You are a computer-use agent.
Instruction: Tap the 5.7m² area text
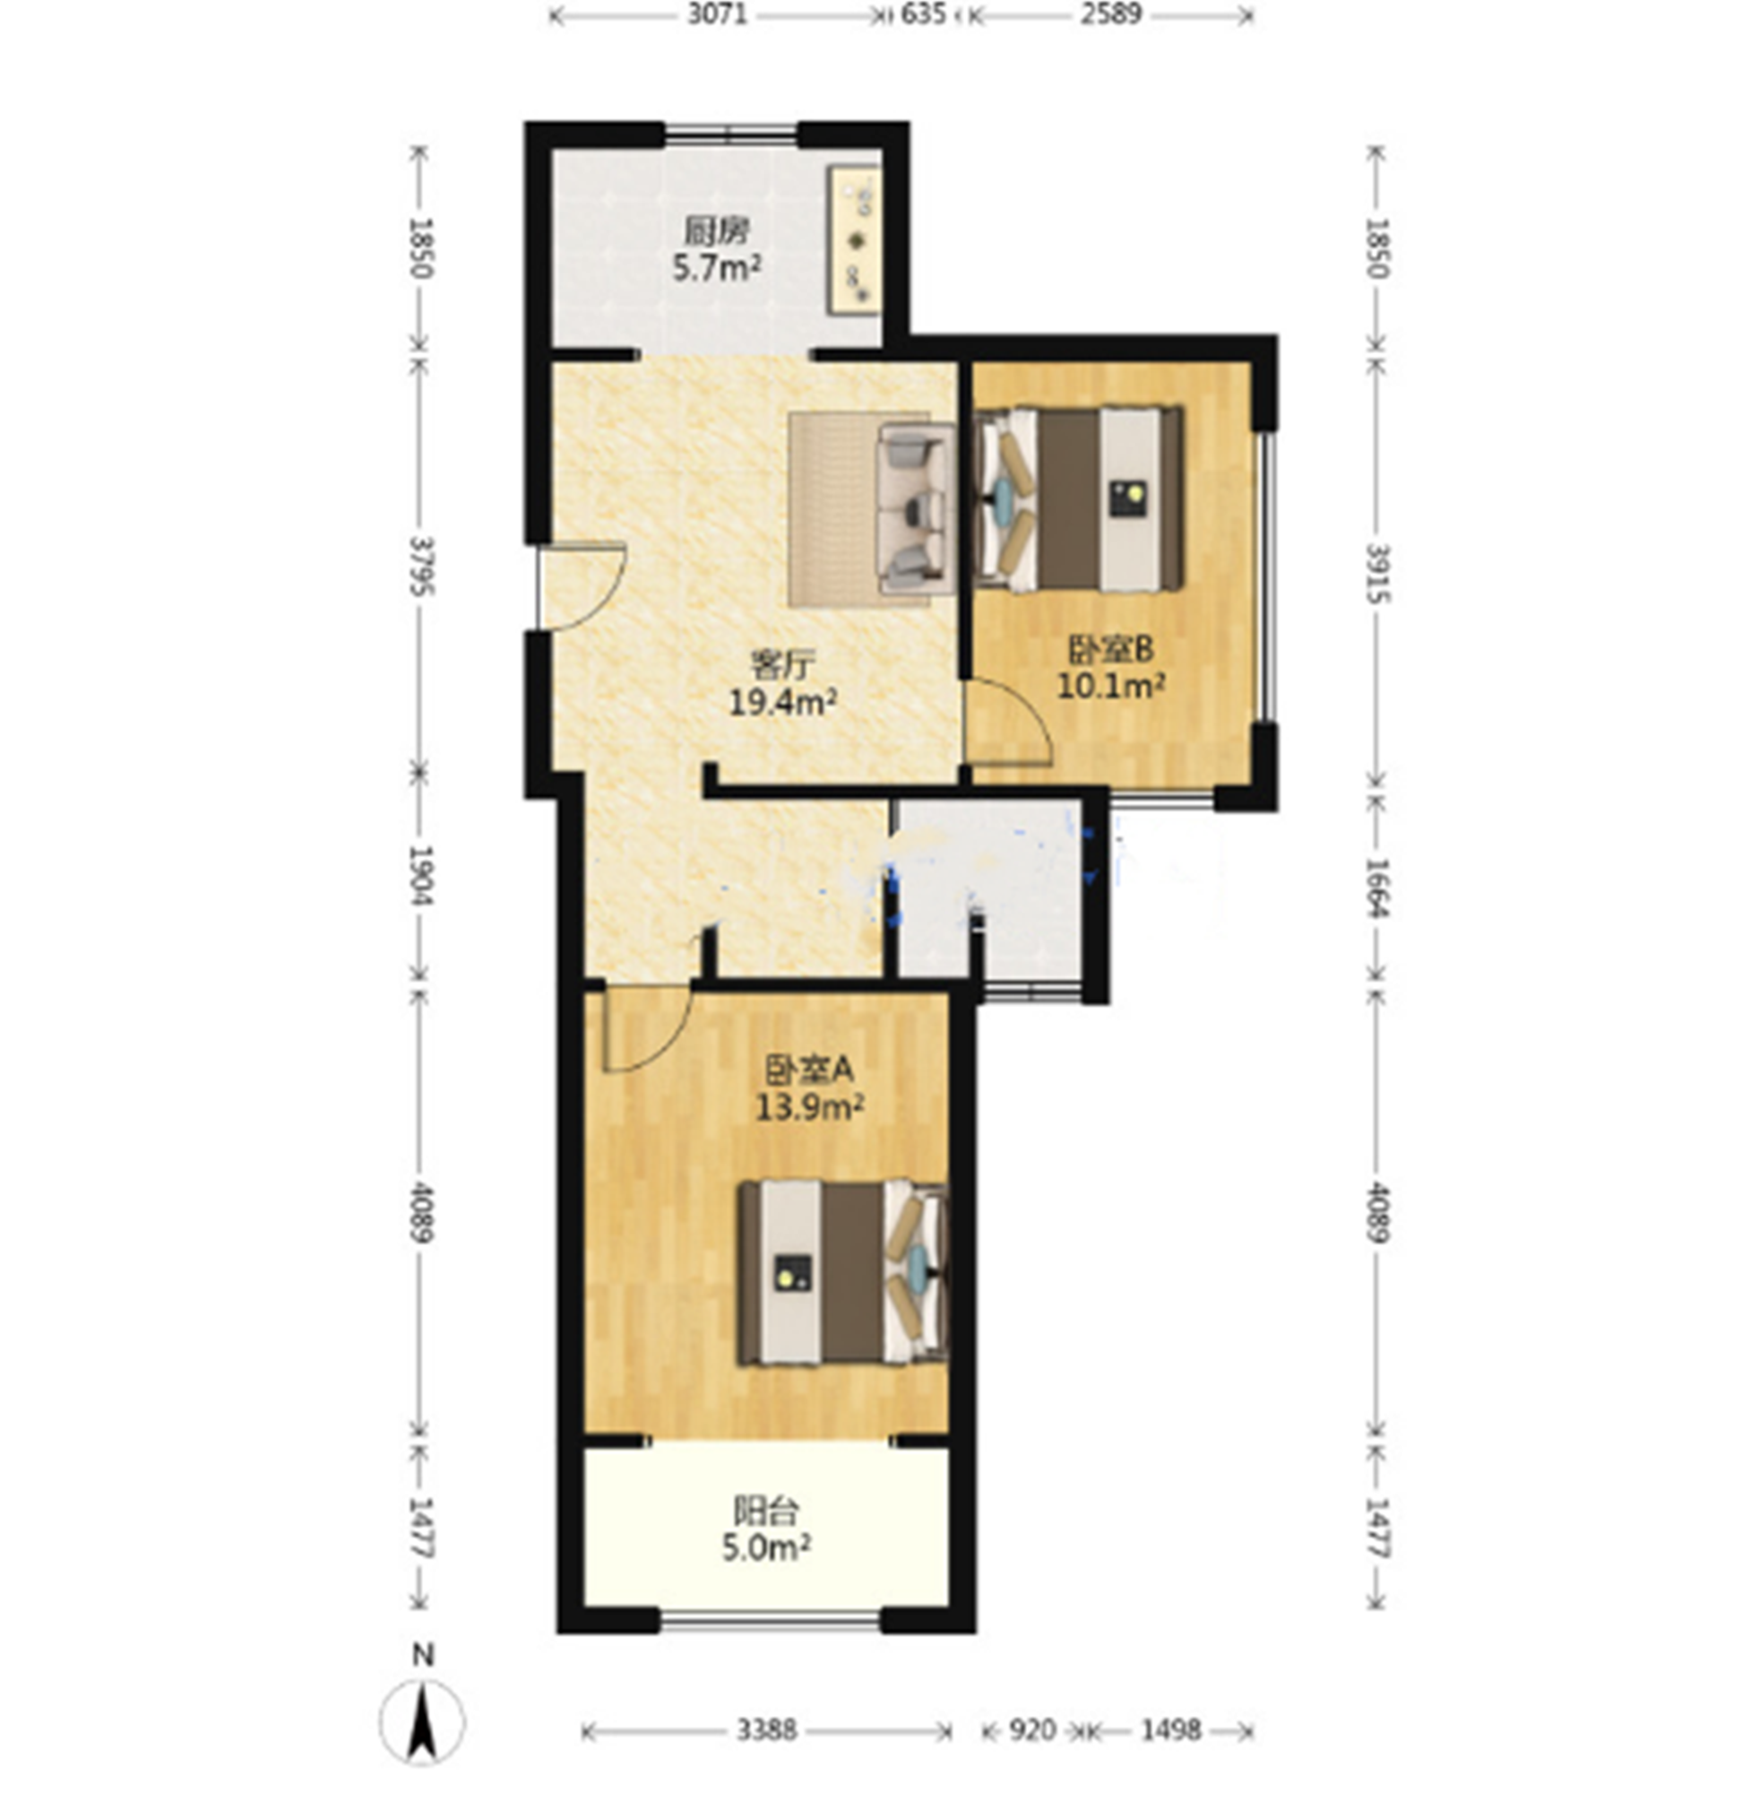pyautogui.click(x=717, y=269)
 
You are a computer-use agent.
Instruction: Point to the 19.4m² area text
pyautogui.click(x=782, y=703)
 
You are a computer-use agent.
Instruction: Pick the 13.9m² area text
pyautogui.click(x=810, y=1107)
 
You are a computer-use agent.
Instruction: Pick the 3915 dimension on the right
pyautogui.click(x=1378, y=574)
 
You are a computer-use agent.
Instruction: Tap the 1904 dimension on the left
pyautogui.click(x=420, y=875)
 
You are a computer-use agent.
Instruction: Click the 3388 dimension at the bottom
pyautogui.click(x=767, y=1729)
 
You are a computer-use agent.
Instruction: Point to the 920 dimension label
pyautogui.click(x=1034, y=1729)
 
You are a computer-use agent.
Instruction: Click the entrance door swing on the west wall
pyautogui.click(x=580, y=586)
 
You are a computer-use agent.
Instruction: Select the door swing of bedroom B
pyautogui.click(x=1009, y=720)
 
